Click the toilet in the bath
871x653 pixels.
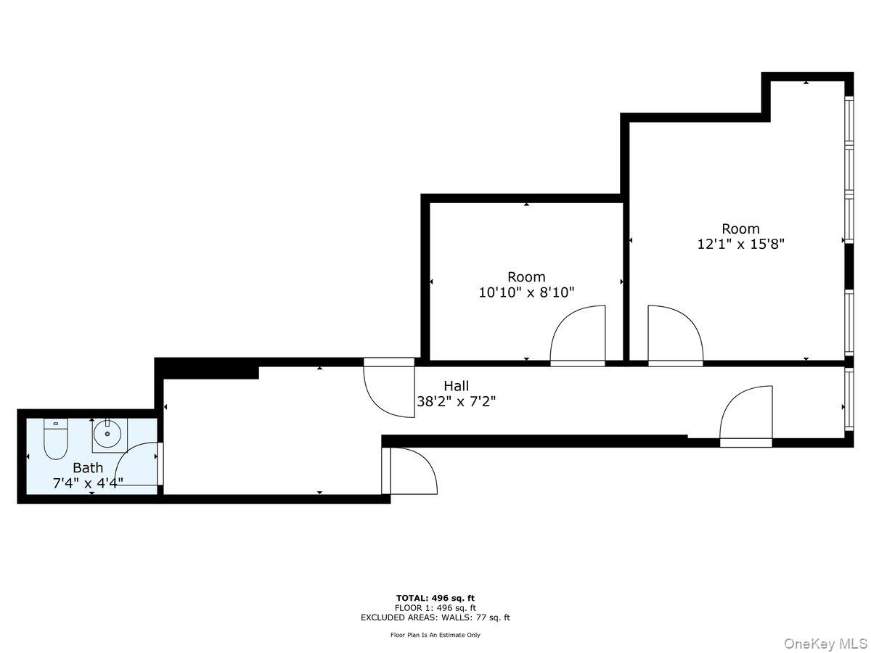55,440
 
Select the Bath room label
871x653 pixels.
88,468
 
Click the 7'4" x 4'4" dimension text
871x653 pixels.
88,482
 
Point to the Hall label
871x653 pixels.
457,386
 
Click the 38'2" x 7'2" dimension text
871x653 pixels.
457,401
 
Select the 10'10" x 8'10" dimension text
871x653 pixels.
526,292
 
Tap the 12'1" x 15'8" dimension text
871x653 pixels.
740,245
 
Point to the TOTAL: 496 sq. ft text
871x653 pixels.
435,597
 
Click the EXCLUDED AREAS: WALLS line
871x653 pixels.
435,617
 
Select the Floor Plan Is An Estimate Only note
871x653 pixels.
435,635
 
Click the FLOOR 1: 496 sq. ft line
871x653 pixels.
435,607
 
